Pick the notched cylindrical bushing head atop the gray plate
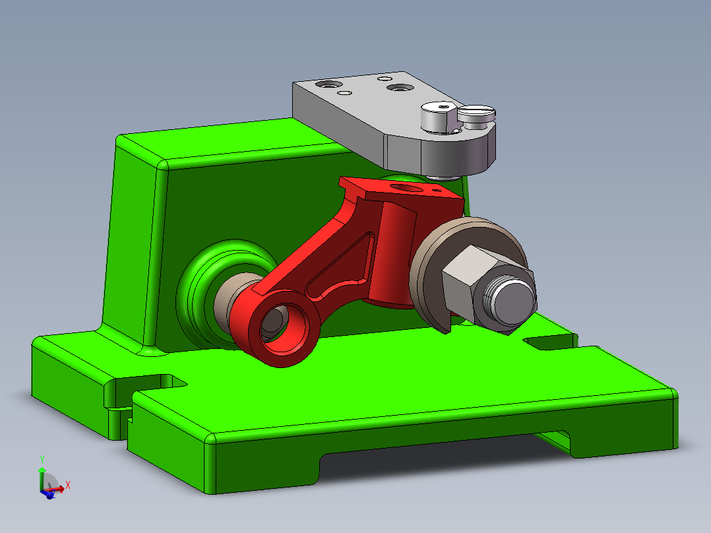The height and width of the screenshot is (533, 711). (438, 116)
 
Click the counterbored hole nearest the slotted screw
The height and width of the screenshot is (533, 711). (398, 87)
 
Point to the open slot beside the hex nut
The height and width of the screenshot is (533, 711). (547, 342)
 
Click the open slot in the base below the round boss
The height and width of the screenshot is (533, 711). (148, 382)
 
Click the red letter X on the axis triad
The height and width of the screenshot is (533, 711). (68, 485)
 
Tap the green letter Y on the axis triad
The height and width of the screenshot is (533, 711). (42, 459)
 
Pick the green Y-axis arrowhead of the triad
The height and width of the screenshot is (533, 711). (42, 470)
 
